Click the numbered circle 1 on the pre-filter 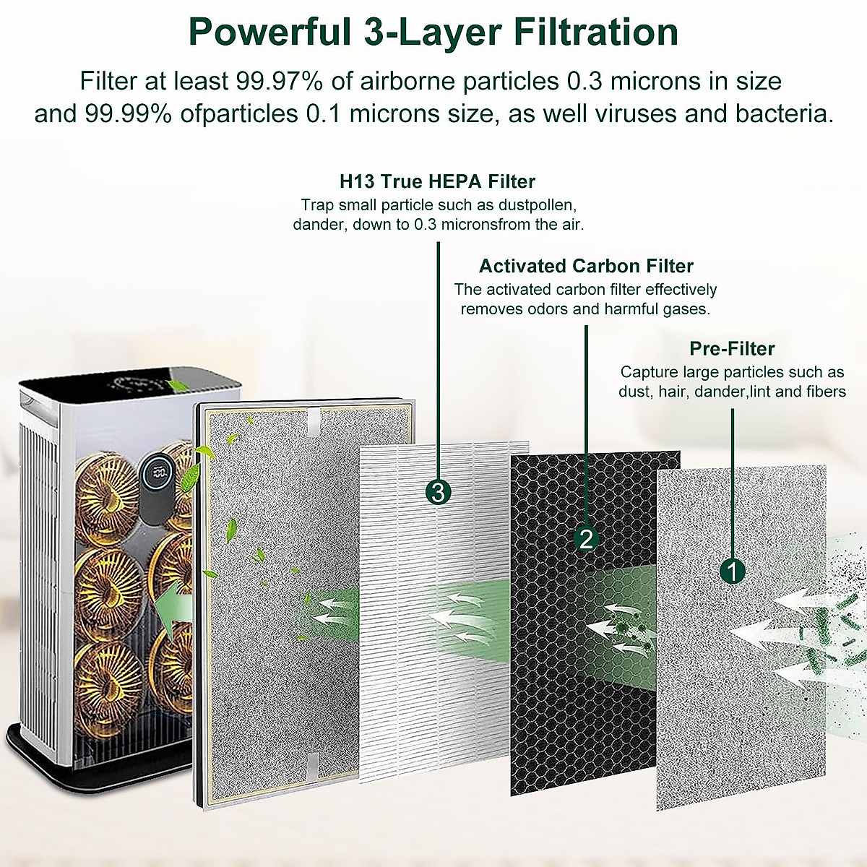(733, 571)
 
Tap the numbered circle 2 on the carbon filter (586, 538)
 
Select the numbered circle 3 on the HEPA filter (439, 493)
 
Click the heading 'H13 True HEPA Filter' (437, 181)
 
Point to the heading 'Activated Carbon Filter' (586, 266)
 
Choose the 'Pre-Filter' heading (732, 349)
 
